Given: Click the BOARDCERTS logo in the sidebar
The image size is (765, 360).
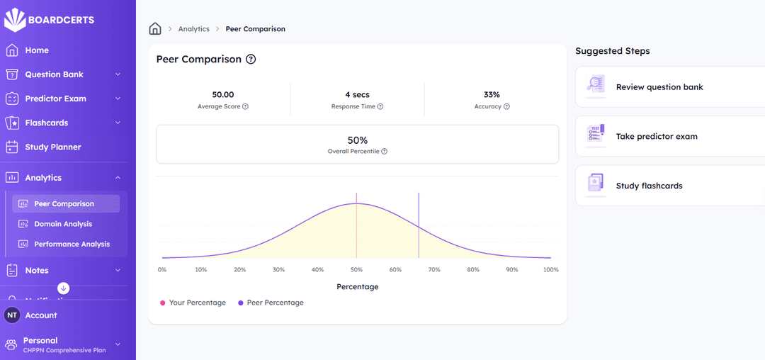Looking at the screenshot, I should pos(49,20).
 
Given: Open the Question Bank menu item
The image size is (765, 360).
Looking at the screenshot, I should pos(54,74).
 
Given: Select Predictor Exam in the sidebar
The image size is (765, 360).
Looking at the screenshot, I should pos(55,99).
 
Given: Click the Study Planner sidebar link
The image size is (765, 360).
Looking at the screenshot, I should pos(52,147).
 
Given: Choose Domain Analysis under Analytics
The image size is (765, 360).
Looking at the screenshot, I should pos(63,224).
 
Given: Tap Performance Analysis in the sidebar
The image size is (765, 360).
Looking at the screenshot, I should pos(72,244).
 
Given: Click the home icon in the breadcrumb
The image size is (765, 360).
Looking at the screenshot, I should pos(155,29).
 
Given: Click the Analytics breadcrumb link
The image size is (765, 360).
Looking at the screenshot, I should pos(193,29).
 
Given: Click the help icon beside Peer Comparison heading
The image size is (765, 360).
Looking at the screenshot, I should pos(251,60).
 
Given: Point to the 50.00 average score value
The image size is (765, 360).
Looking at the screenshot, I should pos(223,94).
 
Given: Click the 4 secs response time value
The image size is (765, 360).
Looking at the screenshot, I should pos(357,94).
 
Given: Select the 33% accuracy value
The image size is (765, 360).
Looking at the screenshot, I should pos(492,94).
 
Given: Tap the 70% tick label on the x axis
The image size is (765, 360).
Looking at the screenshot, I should pos(434,270).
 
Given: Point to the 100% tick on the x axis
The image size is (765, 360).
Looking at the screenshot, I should pos(550,270).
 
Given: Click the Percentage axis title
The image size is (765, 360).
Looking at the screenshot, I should pos(357,287).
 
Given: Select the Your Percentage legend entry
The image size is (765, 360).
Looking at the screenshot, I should pos(197,303).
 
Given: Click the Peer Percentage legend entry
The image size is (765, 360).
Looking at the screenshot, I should pos(275,303).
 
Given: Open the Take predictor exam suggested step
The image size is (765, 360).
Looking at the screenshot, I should pos(657,136).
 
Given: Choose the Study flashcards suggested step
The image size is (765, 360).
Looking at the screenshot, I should pos(649,186).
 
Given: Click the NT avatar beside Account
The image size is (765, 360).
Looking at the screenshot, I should pos(12,315).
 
